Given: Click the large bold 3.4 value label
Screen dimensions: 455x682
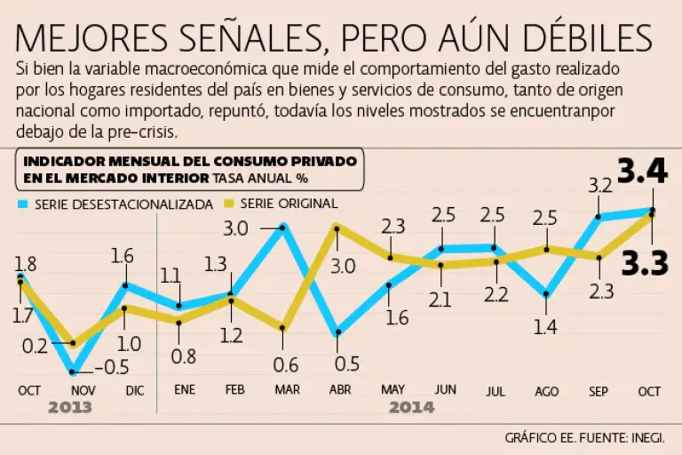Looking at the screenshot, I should pos(642,172).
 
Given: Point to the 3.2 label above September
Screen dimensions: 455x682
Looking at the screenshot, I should pos(601,186).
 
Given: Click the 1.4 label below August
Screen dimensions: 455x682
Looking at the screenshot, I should pos(545,327).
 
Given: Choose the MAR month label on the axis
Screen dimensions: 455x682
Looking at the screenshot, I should pos(287,390).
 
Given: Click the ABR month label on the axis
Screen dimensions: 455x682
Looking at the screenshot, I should pos(339,390).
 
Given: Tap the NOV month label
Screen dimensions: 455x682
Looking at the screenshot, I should pos(82,390).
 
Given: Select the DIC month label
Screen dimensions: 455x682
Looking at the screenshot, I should pos(135,390).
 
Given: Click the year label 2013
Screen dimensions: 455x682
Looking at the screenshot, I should pos(70,408).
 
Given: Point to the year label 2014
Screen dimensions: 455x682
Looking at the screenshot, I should pos(411,408).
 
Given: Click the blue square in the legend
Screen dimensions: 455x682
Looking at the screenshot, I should pos(22,204).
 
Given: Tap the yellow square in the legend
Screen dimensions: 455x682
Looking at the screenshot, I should pos(228,204).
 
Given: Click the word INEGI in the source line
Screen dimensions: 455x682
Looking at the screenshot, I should pos(656,437).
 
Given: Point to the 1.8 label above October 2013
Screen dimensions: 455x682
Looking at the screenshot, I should pos(26,263).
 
